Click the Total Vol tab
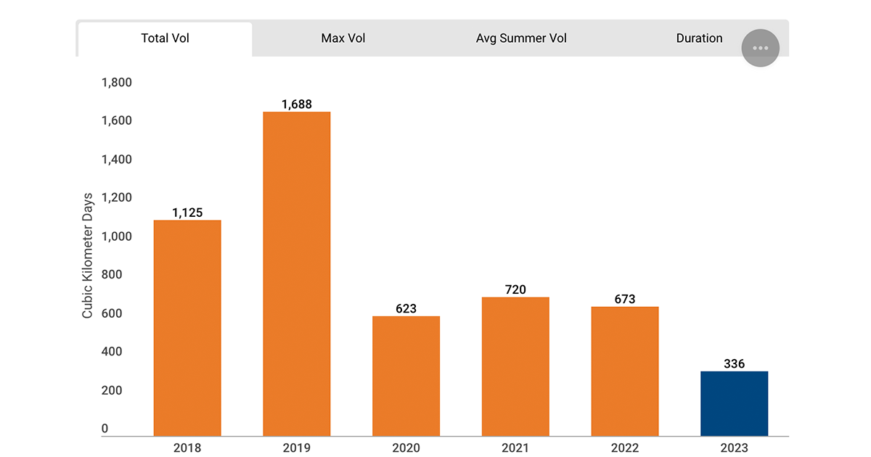point(165,38)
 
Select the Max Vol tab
point(343,38)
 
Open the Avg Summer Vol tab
point(521,38)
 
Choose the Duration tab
point(699,38)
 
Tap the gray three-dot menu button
point(760,48)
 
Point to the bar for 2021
point(515,366)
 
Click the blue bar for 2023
point(734,403)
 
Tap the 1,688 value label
point(296,104)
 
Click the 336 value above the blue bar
point(734,363)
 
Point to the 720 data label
point(515,289)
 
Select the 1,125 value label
point(187,213)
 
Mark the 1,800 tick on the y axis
point(116,83)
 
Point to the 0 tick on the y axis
point(105,429)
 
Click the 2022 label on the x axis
point(624,448)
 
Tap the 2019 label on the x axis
point(296,448)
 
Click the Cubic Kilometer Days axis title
point(88,255)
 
